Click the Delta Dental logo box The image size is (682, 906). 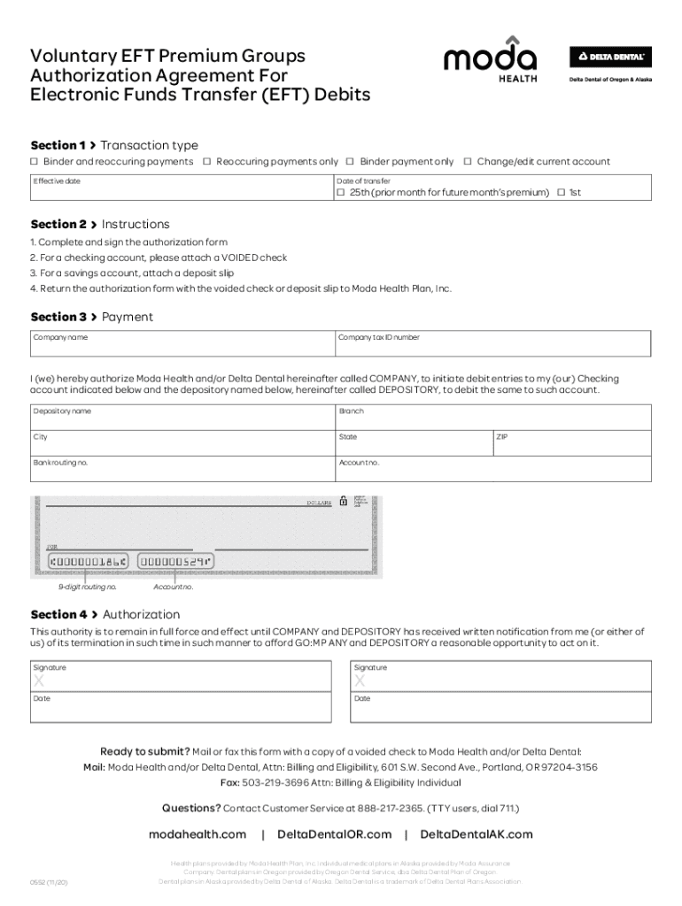pos(609,57)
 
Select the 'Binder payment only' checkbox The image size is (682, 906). pos(351,162)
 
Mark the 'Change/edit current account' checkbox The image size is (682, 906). pos(468,162)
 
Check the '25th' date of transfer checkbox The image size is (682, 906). pos(341,193)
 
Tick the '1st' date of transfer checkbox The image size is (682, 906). pos(561,193)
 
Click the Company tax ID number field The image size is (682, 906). pos(492,344)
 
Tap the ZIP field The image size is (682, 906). pos(571,442)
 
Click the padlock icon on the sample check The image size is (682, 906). pos(344,501)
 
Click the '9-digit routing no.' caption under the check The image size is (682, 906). pos(88,587)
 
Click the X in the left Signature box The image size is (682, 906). pos(38,681)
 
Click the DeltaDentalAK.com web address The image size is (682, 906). pos(477,834)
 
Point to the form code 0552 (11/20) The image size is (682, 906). pos(49,881)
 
